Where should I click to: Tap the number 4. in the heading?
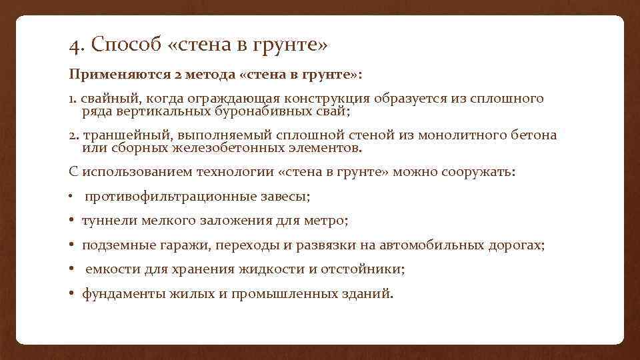(x=77, y=46)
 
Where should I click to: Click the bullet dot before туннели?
(x=71, y=220)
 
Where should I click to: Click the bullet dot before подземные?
(x=71, y=245)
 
